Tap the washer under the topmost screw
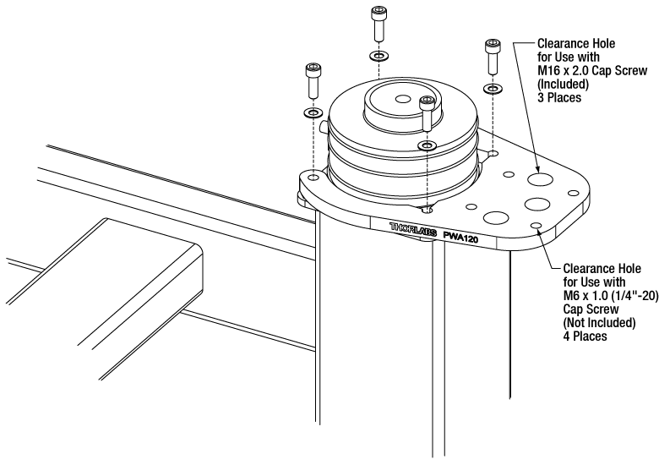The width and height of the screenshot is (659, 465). (378, 57)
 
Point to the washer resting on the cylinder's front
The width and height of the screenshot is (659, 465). (428, 145)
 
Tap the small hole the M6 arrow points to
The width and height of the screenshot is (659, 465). (536, 225)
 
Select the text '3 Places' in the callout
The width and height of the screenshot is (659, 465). (547, 97)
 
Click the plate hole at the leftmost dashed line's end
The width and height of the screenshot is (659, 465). (313, 179)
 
